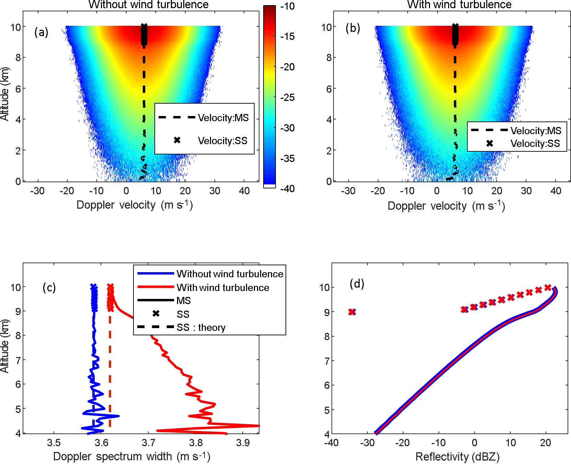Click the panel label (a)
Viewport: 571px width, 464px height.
(x=41, y=32)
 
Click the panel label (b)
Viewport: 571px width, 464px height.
(x=353, y=28)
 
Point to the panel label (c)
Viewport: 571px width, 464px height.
(x=49, y=287)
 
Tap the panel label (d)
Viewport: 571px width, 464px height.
(x=357, y=283)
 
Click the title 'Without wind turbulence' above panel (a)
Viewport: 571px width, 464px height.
(x=148, y=4)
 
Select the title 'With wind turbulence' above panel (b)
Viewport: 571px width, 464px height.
(x=459, y=4)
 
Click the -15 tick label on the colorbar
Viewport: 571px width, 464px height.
(x=288, y=36)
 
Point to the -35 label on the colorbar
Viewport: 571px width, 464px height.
(x=288, y=159)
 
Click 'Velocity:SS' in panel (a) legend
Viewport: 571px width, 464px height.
(x=222, y=141)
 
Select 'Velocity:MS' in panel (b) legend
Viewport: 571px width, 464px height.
(x=536, y=131)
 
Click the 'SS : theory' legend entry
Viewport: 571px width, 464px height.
(x=201, y=328)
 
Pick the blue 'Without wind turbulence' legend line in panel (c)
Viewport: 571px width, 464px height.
(x=155, y=274)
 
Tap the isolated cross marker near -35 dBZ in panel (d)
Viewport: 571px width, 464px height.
(x=352, y=312)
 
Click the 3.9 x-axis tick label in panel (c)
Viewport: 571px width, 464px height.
(x=243, y=443)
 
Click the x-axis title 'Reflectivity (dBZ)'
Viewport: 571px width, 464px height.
(x=457, y=457)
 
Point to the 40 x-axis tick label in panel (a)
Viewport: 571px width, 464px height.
(x=244, y=191)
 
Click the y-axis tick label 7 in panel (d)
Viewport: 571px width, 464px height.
(x=327, y=361)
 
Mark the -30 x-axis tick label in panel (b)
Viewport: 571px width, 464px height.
(x=348, y=191)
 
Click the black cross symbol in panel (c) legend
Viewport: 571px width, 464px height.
(x=156, y=313)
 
